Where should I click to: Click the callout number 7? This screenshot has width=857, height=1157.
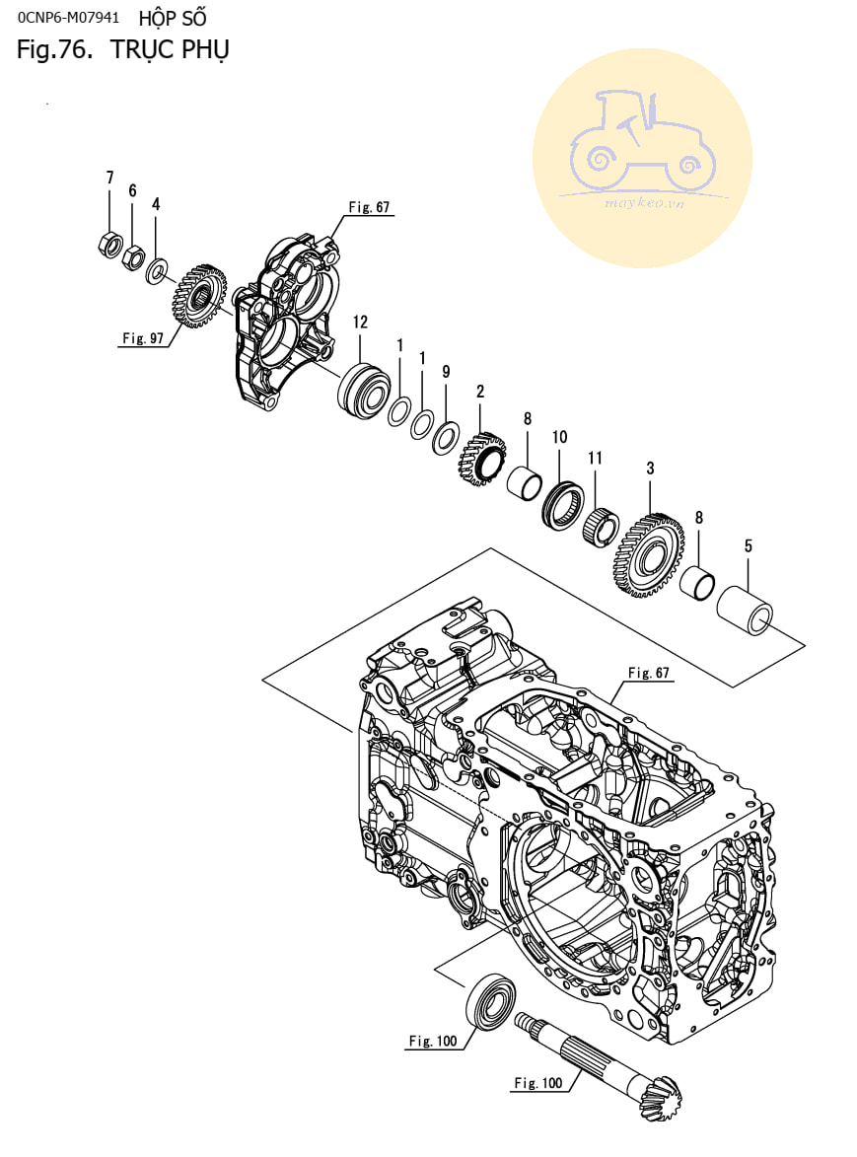click(110, 178)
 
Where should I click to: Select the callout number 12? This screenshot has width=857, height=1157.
click(360, 322)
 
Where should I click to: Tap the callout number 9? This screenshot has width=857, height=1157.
click(446, 372)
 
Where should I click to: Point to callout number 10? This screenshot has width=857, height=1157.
click(559, 437)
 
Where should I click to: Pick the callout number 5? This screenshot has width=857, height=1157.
click(748, 544)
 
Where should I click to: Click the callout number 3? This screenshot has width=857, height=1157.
click(650, 469)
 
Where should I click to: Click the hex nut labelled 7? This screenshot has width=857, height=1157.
click(111, 243)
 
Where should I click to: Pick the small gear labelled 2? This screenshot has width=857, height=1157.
click(481, 458)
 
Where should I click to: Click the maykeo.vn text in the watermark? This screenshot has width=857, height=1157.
click(642, 204)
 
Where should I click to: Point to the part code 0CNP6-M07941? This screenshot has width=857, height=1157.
click(68, 18)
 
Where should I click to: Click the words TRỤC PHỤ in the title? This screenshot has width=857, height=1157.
click(169, 49)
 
